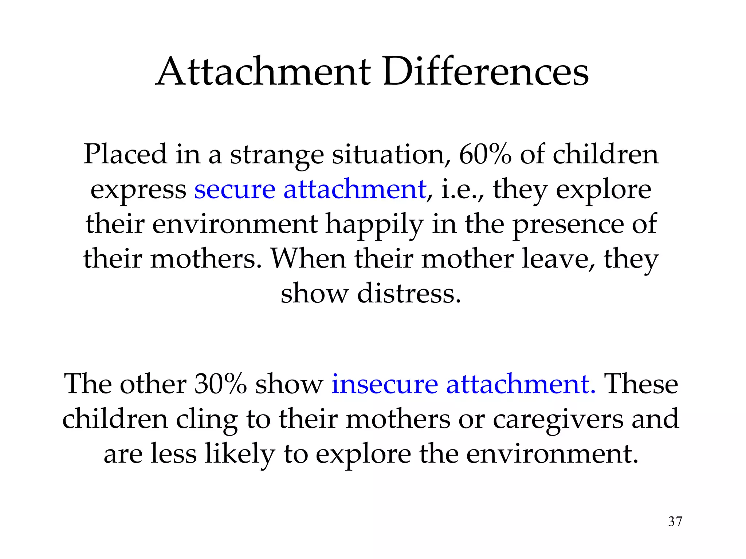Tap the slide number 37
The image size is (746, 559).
675,522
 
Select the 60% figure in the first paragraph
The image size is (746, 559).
484,154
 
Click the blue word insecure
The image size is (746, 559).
384,384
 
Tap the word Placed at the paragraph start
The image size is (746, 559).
125,154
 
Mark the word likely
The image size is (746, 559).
239,454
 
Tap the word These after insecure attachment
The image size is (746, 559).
641,384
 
